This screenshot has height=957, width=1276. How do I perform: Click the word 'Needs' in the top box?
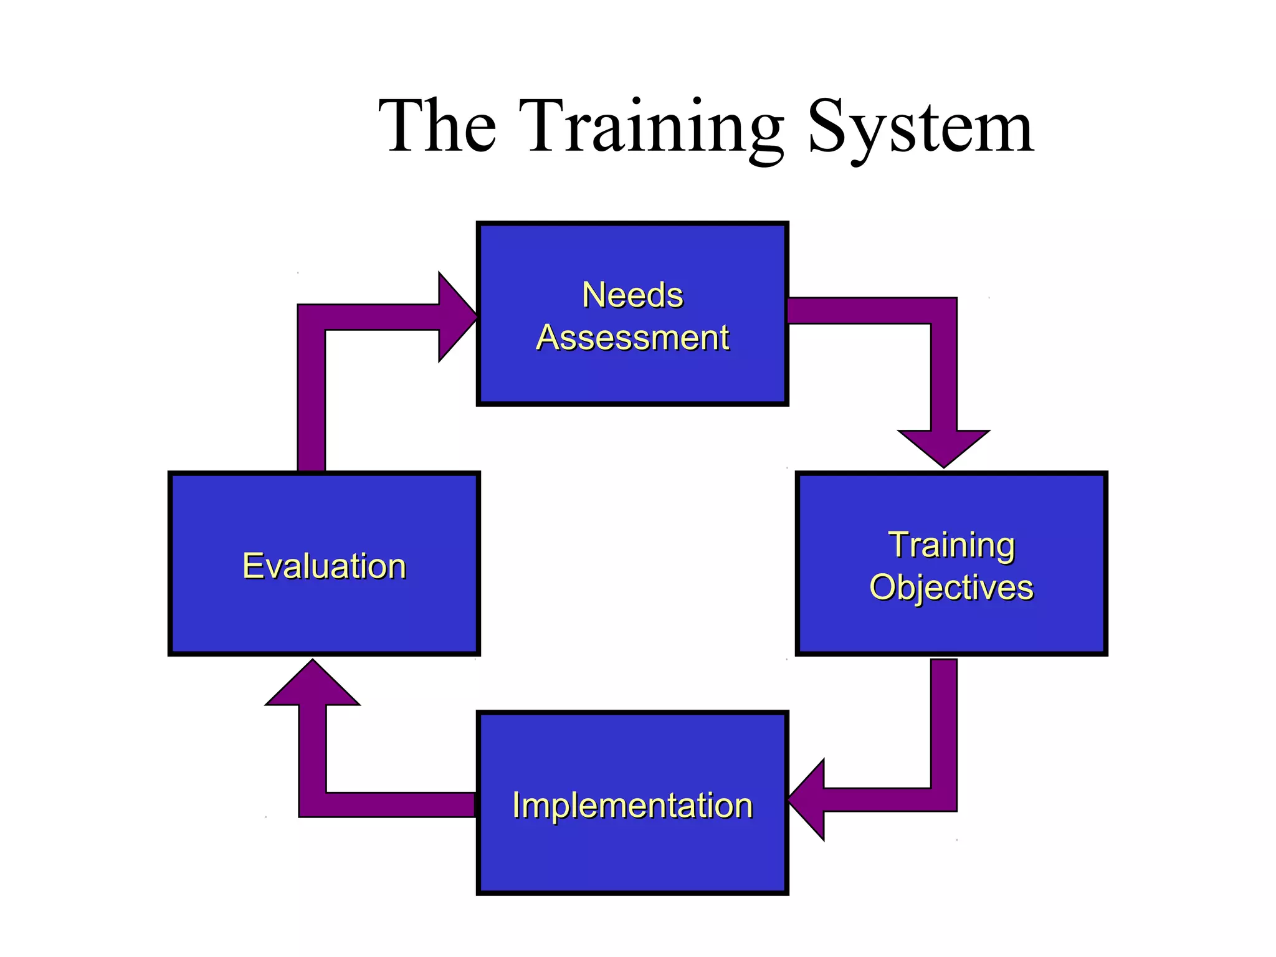pos(632,295)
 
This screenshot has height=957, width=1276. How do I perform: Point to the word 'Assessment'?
pos(632,338)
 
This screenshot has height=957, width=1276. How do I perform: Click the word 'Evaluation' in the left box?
pos(324,566)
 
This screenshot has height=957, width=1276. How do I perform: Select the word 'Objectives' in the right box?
pos(951,588)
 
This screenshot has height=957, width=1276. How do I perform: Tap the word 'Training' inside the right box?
pos(951,545)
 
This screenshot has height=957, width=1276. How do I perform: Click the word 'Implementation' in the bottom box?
pos(632,805)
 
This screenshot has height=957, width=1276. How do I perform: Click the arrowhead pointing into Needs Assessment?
pos(456,317)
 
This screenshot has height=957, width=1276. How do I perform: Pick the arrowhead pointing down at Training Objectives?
pos(943,447)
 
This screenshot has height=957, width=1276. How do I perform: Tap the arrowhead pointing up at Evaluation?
pos(313,685)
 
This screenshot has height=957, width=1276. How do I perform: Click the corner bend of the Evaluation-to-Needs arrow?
pos(312,317)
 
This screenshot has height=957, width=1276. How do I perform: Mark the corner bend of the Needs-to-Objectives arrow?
pos(943,311)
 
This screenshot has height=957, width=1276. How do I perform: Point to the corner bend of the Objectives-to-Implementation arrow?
pos(943,799)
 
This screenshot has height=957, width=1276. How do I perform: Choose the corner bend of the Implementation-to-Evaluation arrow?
pos(313,804)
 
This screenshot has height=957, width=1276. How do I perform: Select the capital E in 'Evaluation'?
pos(252,566)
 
